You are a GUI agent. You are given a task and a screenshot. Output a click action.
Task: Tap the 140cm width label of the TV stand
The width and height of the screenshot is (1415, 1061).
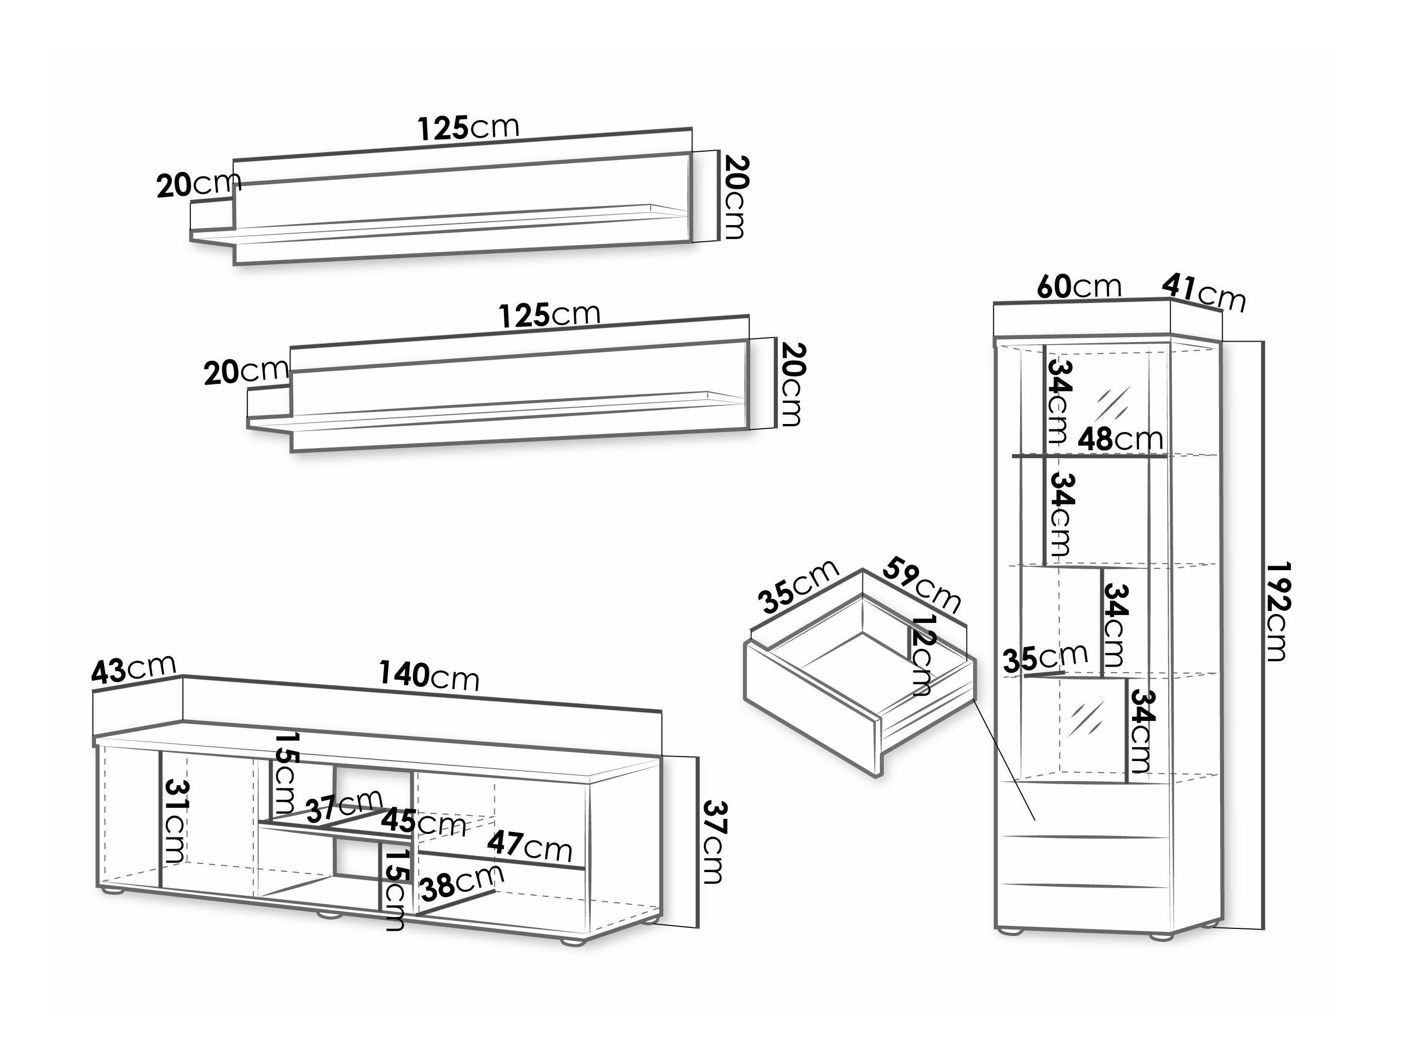(429, 676)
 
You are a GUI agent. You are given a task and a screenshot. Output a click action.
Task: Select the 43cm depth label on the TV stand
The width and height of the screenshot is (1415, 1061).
(133, 669)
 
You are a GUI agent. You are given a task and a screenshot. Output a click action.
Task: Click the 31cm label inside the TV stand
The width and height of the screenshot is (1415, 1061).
(175, 822)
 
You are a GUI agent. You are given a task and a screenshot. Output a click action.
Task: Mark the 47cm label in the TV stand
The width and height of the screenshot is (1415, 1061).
(529, 847)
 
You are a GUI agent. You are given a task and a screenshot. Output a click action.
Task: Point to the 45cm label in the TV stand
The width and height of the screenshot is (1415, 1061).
(423, 823)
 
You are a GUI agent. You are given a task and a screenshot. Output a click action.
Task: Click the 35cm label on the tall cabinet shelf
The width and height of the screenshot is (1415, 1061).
(1045, 659)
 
